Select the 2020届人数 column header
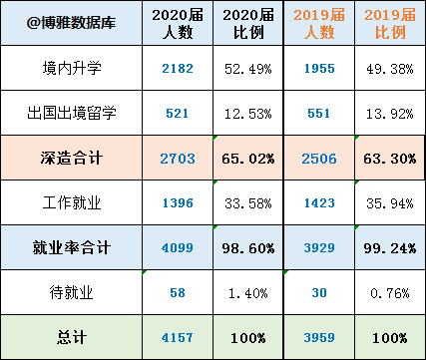(178, 23)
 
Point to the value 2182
(178, 68)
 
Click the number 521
(178, 112)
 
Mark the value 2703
(178, 157)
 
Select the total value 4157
(178, 336)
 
